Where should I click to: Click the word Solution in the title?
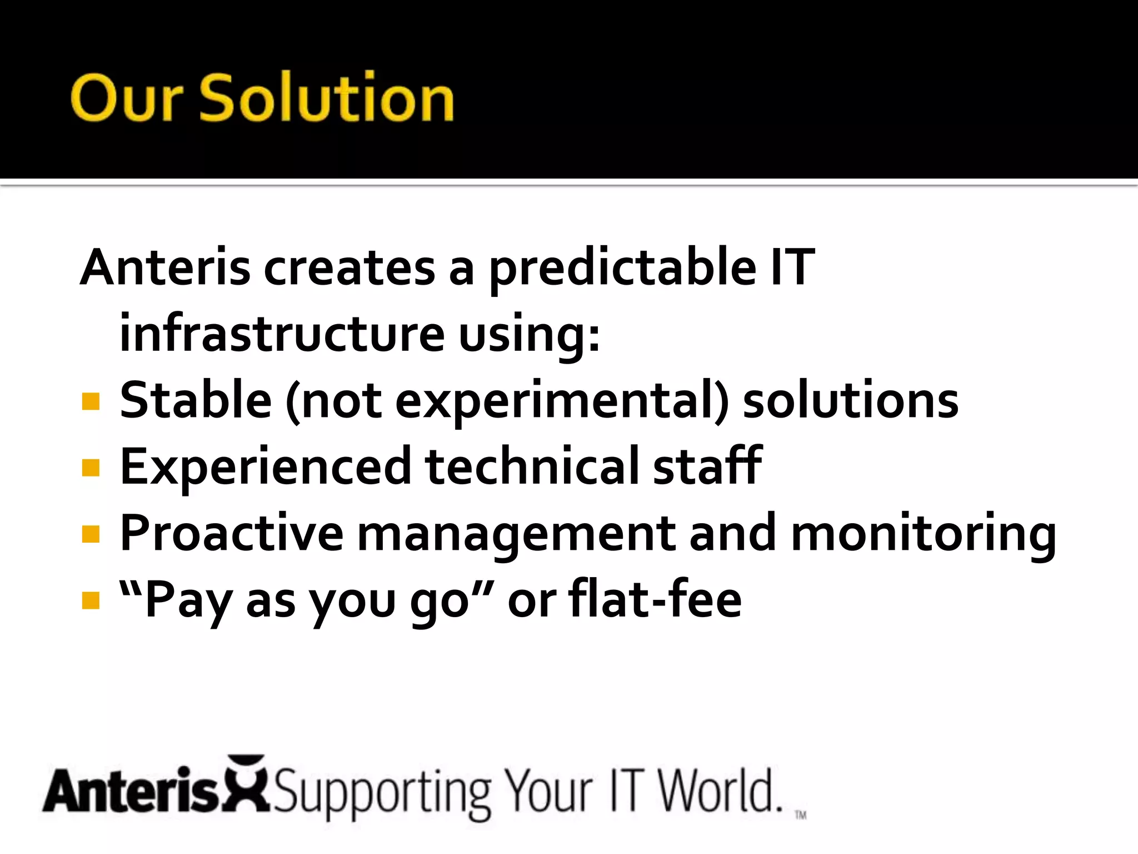tap(327, 98)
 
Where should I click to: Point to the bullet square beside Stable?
tap(91, 401)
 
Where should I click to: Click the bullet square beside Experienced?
tap(91, 468)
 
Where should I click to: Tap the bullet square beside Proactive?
tap(91, 534)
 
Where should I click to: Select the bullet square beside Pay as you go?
tap(91, 600)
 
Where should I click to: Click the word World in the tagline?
tap(719, 791)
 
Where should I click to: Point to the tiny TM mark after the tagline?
tap(800, 815)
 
